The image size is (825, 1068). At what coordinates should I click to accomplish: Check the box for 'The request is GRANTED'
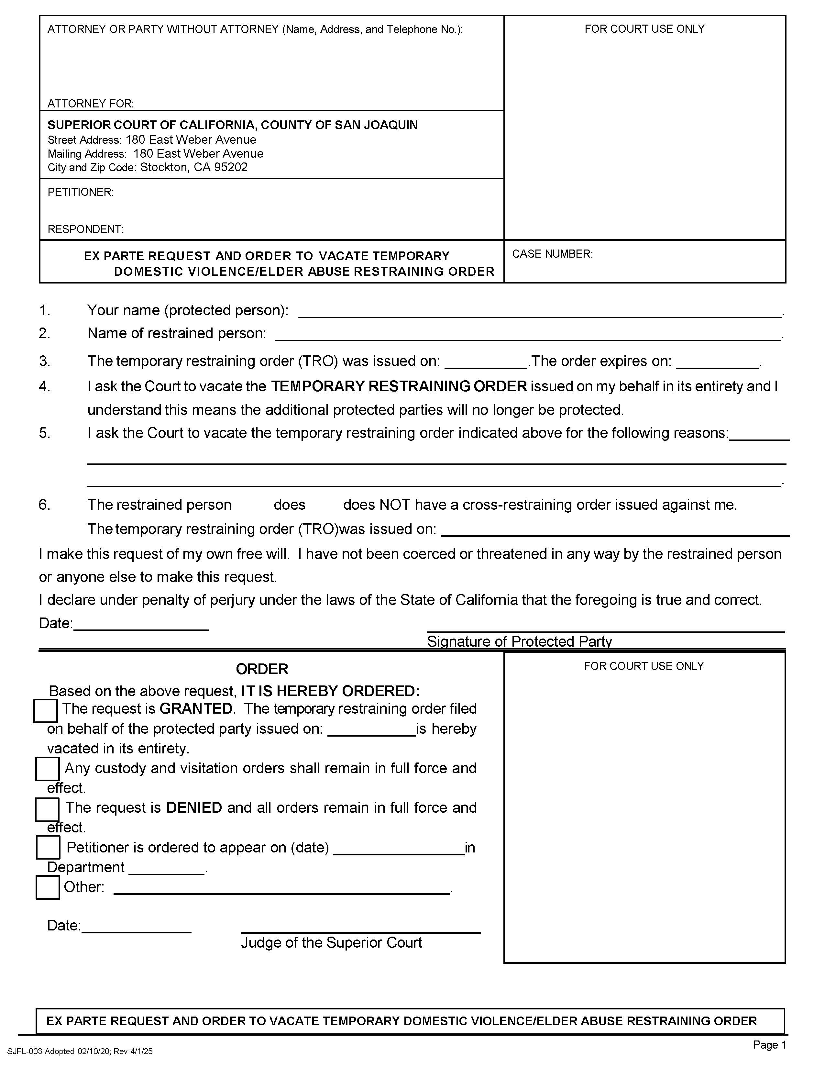45,710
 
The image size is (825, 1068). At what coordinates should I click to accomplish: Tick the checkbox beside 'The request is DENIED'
48,809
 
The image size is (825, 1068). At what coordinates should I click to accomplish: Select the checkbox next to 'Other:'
48,887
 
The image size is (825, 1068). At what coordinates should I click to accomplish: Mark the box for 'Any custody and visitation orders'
48,769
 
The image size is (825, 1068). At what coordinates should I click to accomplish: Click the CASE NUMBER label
552,254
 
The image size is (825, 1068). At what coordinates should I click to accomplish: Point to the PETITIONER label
80,192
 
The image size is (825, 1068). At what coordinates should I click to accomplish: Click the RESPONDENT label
85,229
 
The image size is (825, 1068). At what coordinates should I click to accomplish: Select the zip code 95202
231,167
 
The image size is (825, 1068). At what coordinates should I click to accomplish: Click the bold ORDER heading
262,669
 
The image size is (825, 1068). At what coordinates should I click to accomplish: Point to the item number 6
44,505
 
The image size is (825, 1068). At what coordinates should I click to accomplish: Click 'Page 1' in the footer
769,1045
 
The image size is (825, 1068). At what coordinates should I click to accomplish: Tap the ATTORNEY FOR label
90,104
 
